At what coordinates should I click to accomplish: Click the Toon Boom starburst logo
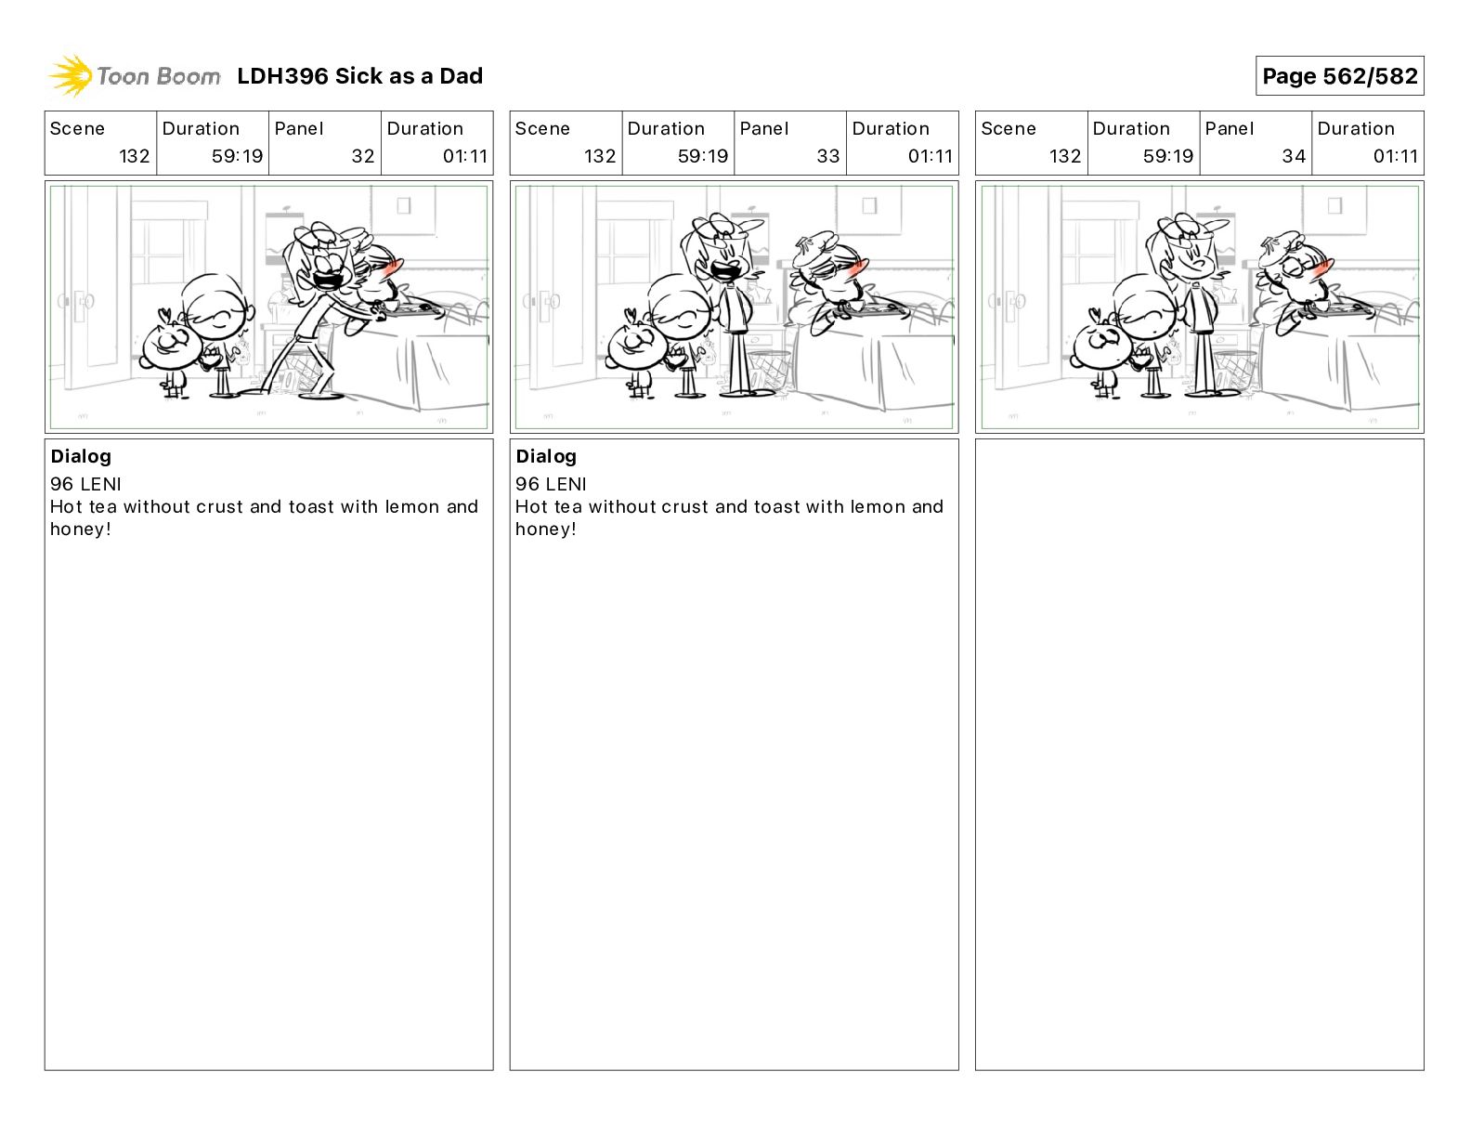point(70,76)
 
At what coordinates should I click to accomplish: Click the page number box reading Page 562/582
point(1339,76)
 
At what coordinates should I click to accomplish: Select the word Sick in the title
point(358,76)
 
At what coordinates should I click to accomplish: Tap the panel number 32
point(363,156)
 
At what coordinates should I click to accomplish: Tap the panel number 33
point(828,156)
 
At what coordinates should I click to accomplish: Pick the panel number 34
point(1294,156)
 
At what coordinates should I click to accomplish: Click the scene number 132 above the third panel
point(1065,156)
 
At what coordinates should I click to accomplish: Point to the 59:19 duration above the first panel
point(237,156)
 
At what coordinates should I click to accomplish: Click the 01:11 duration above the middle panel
point(931,156)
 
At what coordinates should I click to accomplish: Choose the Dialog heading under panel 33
point(546,456)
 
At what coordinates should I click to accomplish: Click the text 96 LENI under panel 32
point(85,484)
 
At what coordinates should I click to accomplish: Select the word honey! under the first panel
point(81,529)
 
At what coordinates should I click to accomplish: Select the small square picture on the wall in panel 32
point(404,205)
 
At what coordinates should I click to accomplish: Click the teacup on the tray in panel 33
point(855,307)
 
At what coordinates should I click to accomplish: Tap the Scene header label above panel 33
point(542,129)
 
